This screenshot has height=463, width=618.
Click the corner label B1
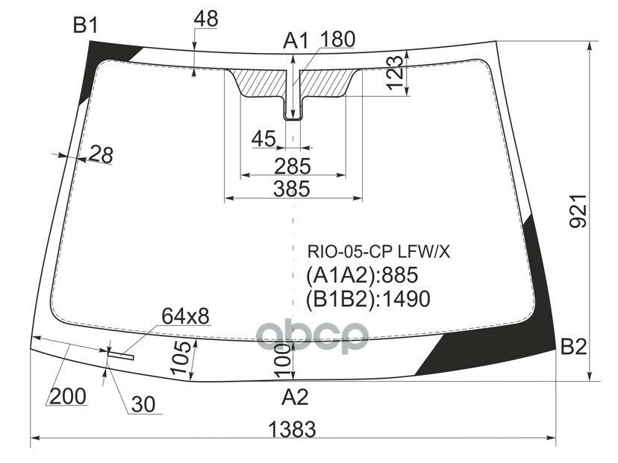(x=85, y=26)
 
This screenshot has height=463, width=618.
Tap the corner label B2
(x=574, y=347)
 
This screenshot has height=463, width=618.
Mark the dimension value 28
(x=101, y=154)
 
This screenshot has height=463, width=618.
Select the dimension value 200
(x=68, y=396)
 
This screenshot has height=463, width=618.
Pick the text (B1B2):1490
(x=368, y=299)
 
